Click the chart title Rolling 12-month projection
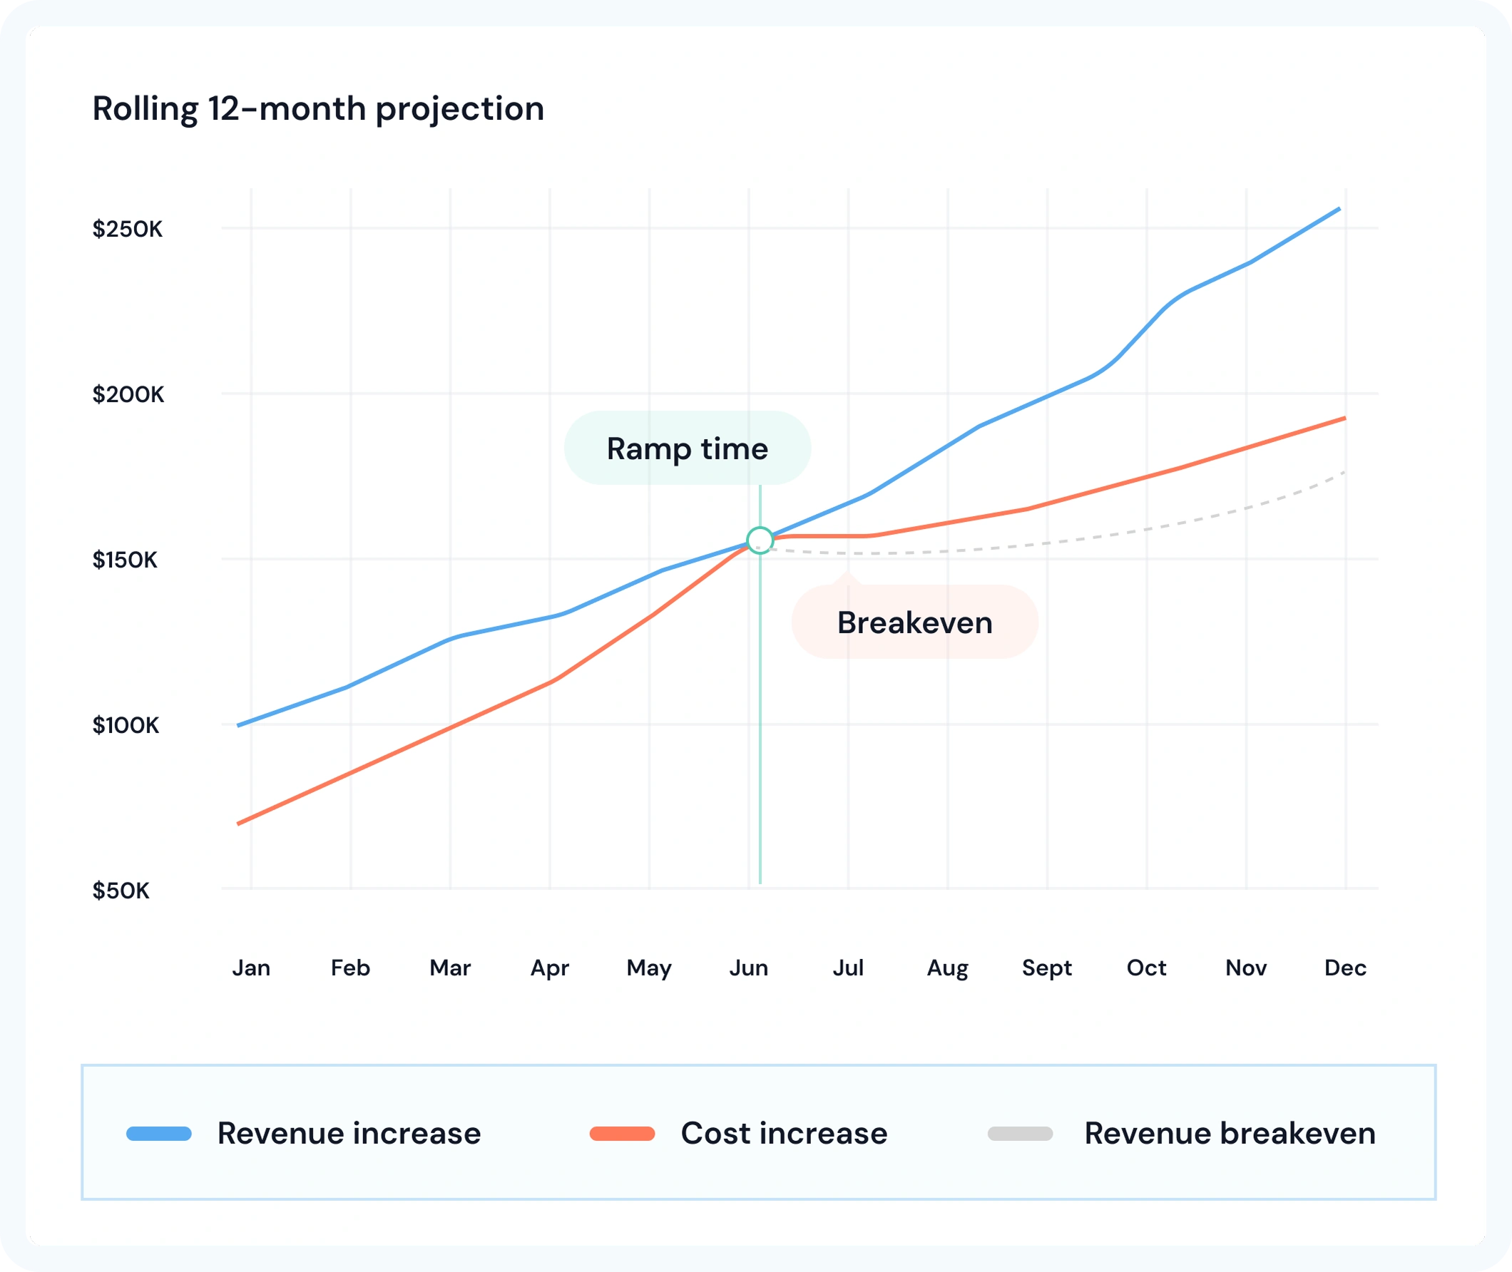click(x=318, y=109)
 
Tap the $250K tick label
click(x=128, y=230)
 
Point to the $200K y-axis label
click(x=128, y=394)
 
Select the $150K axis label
click(x=125, y=560)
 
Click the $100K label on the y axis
click(x=126, y=724)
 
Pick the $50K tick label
click(x=121, y=891)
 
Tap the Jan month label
click(x=251, y=968)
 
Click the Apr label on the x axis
click(x=550, y=968)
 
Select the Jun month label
click(x=749, y=968)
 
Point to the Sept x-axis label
click(x=1047, y=968)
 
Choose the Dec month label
click(x=1345, y=968)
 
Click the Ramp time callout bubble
click(x=688, y=448)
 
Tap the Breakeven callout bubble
click(x=915, y=622)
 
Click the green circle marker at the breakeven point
click(x=760, y=540)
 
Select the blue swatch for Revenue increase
click(x=159, y=1134)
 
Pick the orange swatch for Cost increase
click(x=622, y=1134)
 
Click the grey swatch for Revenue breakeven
click(x=1020, y=1134)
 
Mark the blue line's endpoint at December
click(x=1339, y=209)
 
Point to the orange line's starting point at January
click(x=239, y=823)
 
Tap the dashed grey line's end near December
click(x=1344, y=472)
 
